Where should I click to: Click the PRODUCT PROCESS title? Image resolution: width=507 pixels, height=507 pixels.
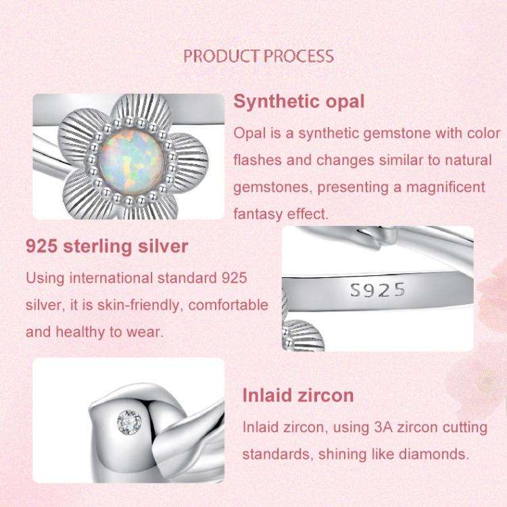(x=258, y=55)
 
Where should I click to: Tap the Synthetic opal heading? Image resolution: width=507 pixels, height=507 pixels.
(x=299, y=102)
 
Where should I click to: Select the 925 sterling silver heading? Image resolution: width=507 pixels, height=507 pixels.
(x=107, y=246)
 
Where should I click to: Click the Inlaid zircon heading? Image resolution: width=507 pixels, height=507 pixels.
(x=297, y=395)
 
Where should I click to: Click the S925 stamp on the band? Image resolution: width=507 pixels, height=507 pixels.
(x=378, y=291)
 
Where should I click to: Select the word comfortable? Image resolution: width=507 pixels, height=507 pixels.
(x=228, y=305)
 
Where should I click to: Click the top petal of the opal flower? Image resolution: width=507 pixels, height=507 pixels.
(x=128, y=109)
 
